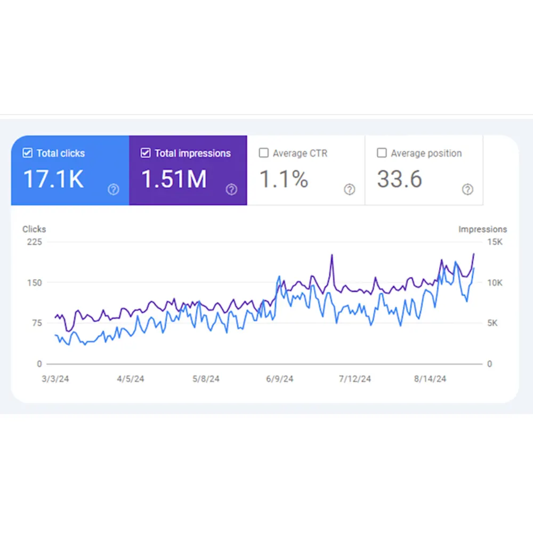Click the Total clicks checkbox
pyautogui.click(x=28, y=153)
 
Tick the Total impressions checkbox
pyautogui.click(x=146, y=153)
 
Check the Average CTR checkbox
pyautogui.click(x=263, y=153)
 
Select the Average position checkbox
pyautogui.click(x=382, y=153)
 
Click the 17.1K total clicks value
pyautogui.click(x=53, y=180)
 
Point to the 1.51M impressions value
pyautogui.click(x=174, y=180)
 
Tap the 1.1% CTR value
pyautogui.click(x=284, y=180)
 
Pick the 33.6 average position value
pyautogui.click(x=400, y=180)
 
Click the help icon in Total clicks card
pyautogui.click(x=113, y=189)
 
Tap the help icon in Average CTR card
pyautogui.click(x=349, y=189)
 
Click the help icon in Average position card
pyautogui.click(x=467, y=189)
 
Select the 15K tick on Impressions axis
pyautogui.click(x=495, y=242)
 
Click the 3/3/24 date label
pyautogui.click(x=55, y=379)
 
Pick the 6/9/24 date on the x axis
pyautogui.click(x=279, y=379)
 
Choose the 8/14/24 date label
pyautogui.click(x=430, y=379)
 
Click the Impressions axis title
pyautogui.click(x=482, y=229)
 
